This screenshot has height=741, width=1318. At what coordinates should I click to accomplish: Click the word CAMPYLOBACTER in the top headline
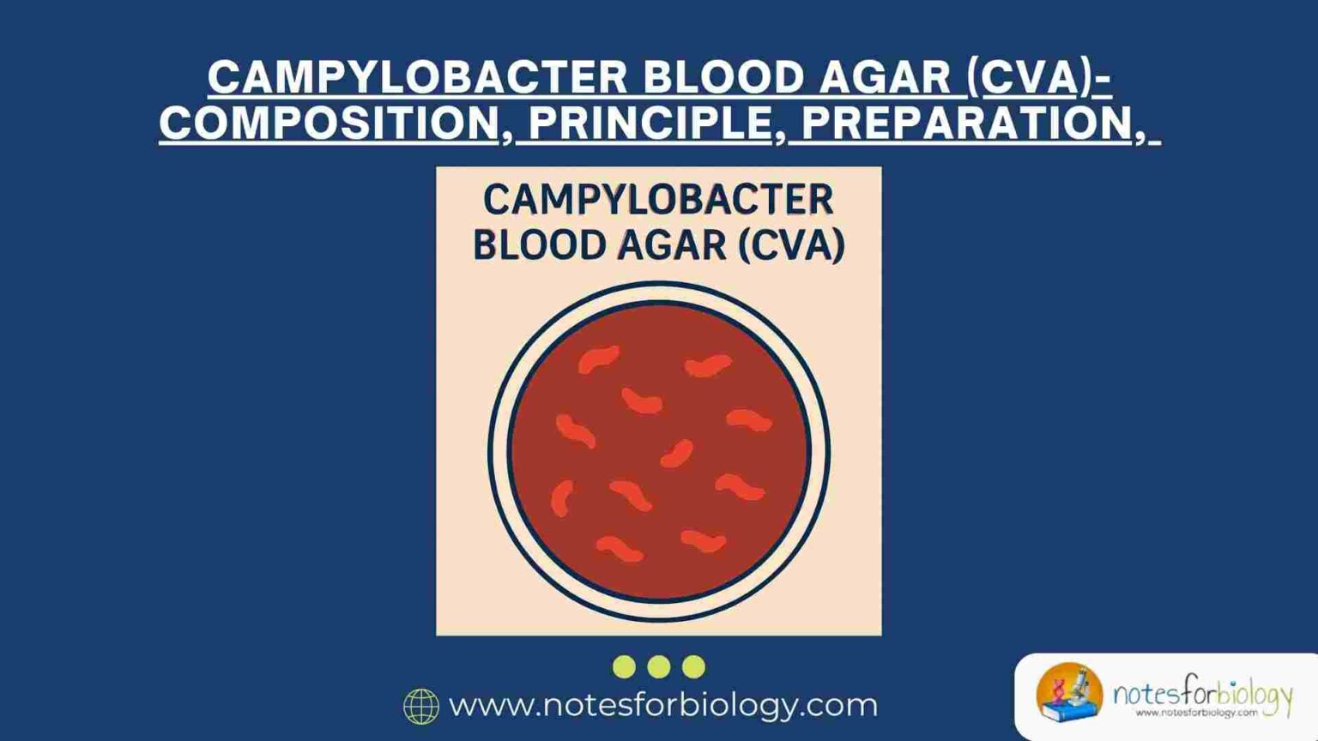point(418,78)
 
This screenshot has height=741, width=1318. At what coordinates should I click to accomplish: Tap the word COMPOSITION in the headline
point(329,123)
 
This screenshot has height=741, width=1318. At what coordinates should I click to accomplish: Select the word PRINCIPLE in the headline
point(651,123)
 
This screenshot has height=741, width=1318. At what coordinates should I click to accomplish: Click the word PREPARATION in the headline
point(967,123)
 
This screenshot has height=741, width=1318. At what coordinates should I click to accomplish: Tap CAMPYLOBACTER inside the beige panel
point(658,200)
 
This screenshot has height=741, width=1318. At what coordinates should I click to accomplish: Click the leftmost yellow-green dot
point(624,666)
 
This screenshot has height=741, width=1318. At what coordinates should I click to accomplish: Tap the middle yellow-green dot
point(659,666)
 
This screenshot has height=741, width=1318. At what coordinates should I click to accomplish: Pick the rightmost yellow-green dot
point(693,666)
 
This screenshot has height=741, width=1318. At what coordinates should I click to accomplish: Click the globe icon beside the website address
point(421,707)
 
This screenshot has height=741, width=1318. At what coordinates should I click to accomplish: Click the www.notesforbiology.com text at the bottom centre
point(663,705)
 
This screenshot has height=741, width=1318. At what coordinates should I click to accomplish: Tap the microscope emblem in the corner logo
point(1069,691)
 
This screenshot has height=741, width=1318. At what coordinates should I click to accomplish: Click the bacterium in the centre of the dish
point(677,454)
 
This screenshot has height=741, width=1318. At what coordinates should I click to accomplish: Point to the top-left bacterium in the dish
point(598,358)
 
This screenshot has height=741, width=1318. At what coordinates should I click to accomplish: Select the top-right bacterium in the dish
point(708,366)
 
